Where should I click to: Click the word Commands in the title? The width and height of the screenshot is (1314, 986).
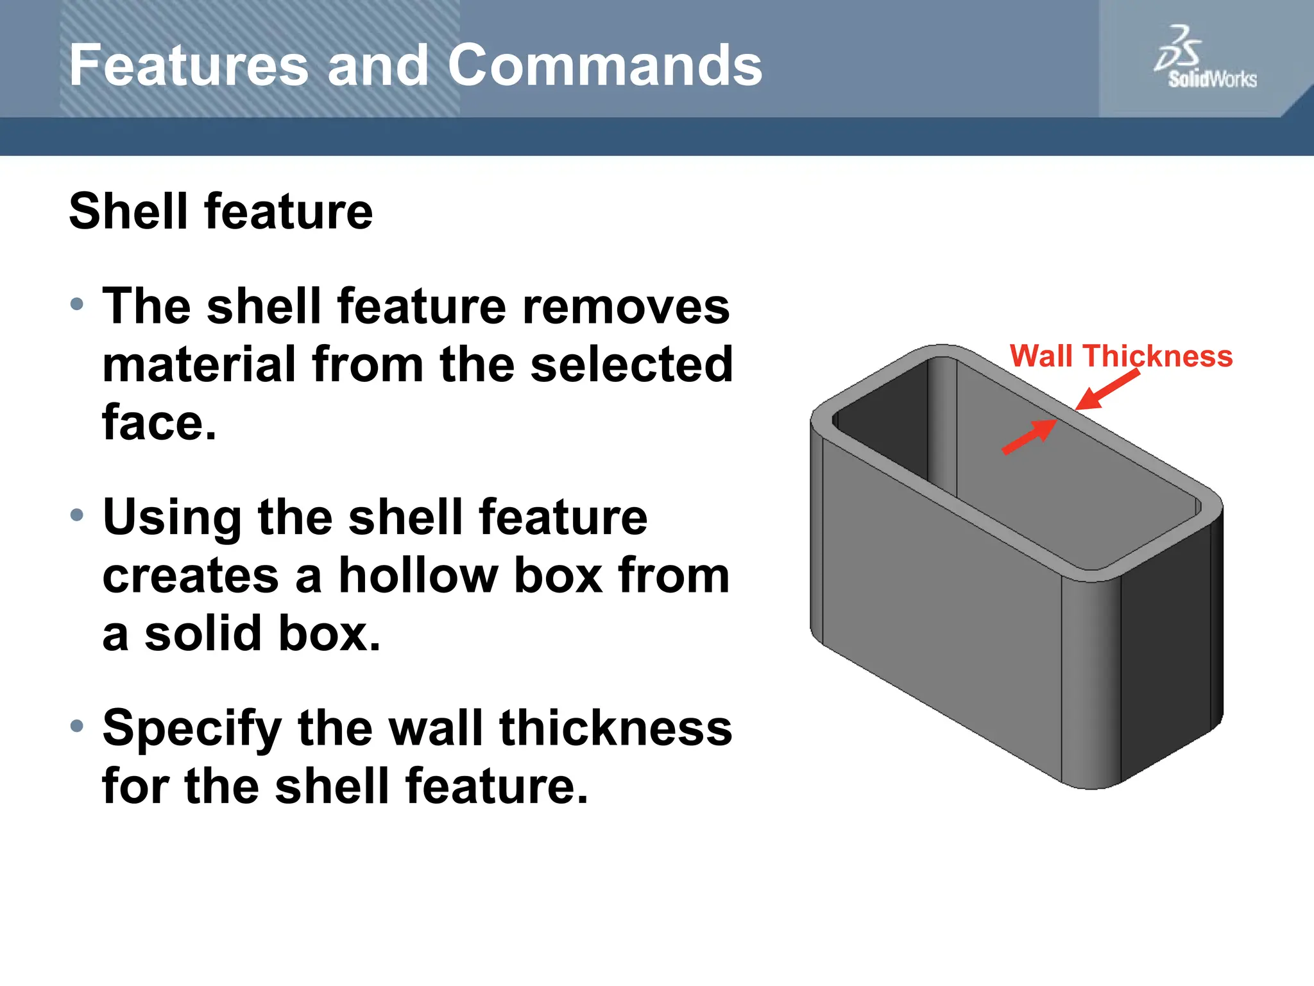click(604, 65)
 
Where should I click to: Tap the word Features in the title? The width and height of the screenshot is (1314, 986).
click(189, 65)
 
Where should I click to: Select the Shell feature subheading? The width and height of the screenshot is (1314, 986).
click(221, 211)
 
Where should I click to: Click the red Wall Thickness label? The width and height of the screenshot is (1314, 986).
click(1121, 356)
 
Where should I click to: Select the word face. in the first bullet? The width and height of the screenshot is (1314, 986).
click(159, 423)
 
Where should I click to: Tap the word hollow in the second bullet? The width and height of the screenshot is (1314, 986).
click(417, 575)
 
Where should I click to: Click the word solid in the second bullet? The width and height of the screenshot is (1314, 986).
click(203, 634)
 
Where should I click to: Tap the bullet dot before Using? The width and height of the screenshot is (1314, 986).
click(77, 515)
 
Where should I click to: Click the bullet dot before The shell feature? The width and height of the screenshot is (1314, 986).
click(77, 304)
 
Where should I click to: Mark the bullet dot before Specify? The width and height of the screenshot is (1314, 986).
click(77, 726)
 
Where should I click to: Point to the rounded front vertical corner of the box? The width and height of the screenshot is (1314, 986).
click(1091, 680)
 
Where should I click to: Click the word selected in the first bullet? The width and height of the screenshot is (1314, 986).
click(631, 365)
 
